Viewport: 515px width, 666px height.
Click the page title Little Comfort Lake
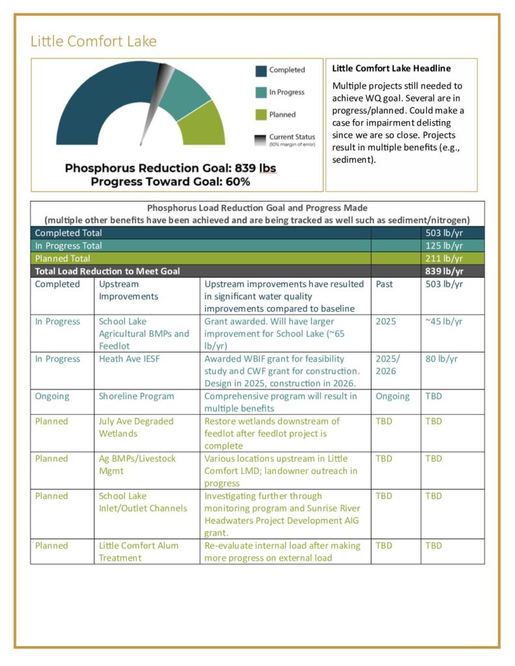coord(94,42)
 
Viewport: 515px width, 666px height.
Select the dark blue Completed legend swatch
coord(260,70)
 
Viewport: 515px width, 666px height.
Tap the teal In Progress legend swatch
coord(260,92)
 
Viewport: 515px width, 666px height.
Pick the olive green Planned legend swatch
coord(260,114)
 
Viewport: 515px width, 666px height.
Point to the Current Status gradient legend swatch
coord(260,138)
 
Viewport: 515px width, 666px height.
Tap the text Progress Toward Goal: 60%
coord(170,181)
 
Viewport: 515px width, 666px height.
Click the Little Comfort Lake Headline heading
coord(391,68)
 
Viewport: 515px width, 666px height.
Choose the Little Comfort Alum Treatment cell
coord(139,552)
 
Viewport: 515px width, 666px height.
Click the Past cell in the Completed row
coord(385,284)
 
